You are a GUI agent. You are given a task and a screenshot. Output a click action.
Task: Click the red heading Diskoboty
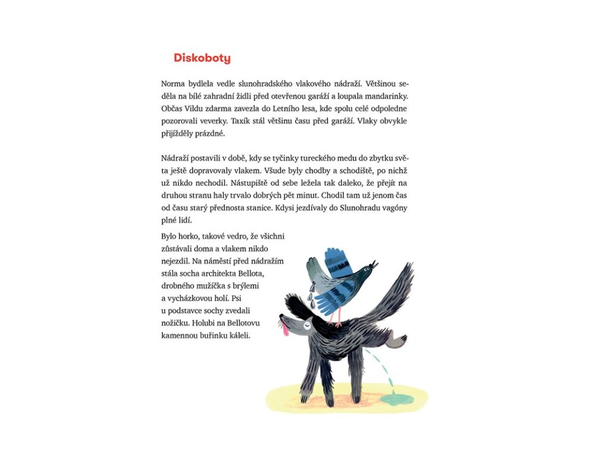202,58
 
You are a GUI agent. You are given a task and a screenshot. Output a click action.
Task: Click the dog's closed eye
306,325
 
